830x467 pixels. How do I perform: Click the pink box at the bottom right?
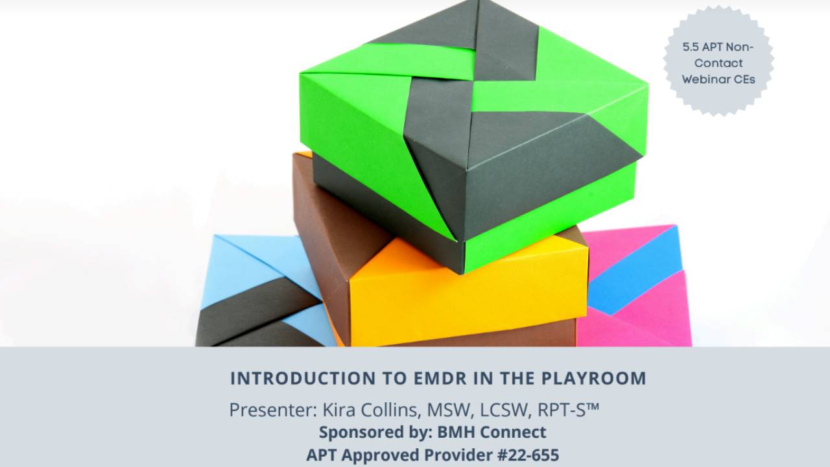[642, 305]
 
